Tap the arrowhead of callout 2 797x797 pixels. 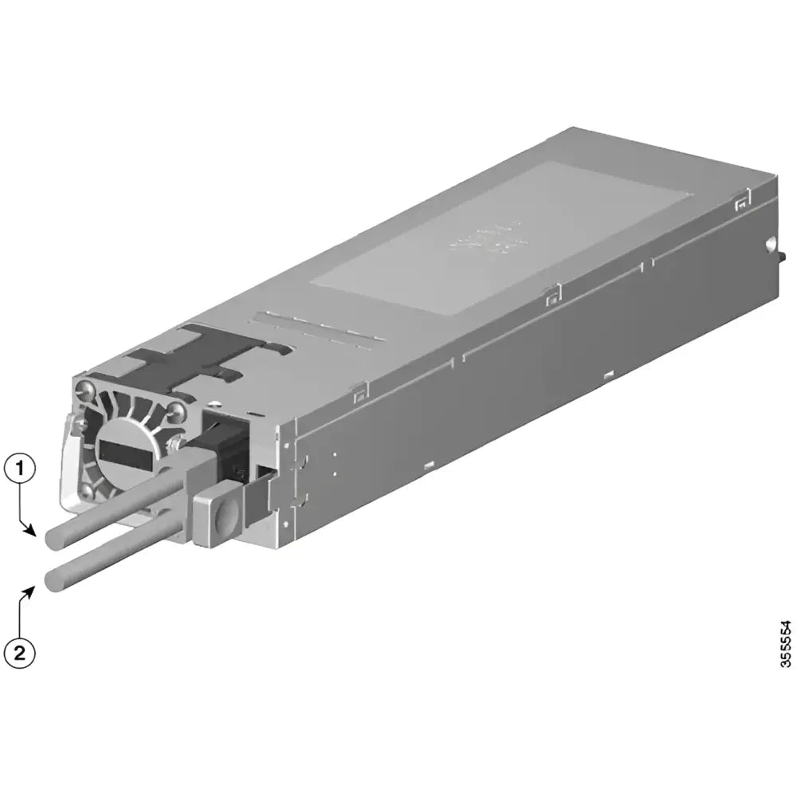tap(34, 588)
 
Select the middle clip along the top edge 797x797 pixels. tap(550, 296)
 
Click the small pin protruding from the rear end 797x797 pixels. tap(783, 256)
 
